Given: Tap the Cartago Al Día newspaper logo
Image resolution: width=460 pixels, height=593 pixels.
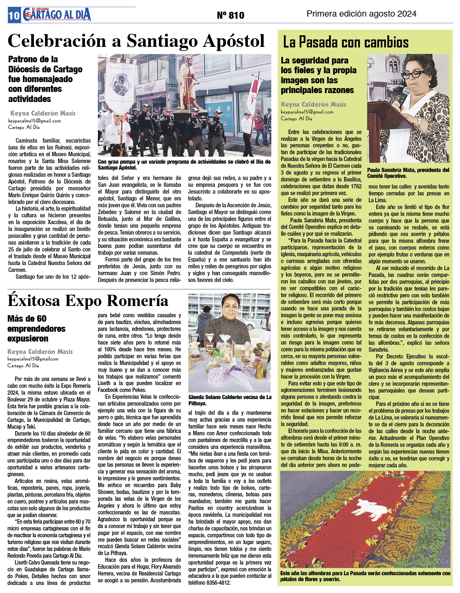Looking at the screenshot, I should click(56, 14).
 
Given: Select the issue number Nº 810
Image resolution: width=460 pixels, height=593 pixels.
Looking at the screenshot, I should click(230, 15).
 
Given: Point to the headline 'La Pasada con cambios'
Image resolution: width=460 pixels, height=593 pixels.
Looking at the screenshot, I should click(345, 42).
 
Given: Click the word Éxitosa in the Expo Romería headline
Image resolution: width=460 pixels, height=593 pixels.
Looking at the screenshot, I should click(34, 301).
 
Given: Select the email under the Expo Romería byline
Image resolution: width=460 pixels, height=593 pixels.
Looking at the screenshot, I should click(33, 359).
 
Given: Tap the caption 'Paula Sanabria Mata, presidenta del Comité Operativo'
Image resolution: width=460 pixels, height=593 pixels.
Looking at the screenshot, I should click(408, 173).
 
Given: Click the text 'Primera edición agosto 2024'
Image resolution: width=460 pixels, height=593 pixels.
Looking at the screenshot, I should click(361, 14).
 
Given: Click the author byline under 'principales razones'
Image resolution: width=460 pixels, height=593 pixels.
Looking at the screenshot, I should click(313, 104).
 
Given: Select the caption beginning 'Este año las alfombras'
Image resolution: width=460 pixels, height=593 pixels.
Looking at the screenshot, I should click(365, 576).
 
